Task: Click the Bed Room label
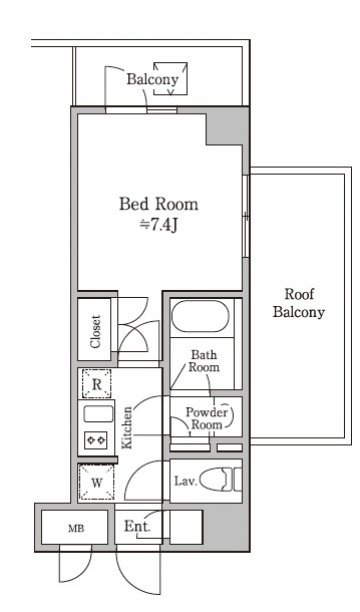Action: point(159,204)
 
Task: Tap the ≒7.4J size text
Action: point(159,225)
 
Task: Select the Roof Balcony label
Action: point(299,303)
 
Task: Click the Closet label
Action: point(95,331)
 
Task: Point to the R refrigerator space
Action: point(96,384)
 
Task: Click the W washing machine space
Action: point(96,482)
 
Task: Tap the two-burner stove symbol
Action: point(96,440)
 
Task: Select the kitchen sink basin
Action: point(98,414)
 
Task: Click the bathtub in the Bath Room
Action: point(200,316)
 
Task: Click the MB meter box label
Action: point(76,528)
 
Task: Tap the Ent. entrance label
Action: point(137,527)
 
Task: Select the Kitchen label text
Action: point(127,428)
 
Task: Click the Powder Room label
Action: point(207,418)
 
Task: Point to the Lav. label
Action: point(185,481)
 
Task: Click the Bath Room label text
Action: point(204,361)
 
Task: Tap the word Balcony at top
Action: point(152,79)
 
